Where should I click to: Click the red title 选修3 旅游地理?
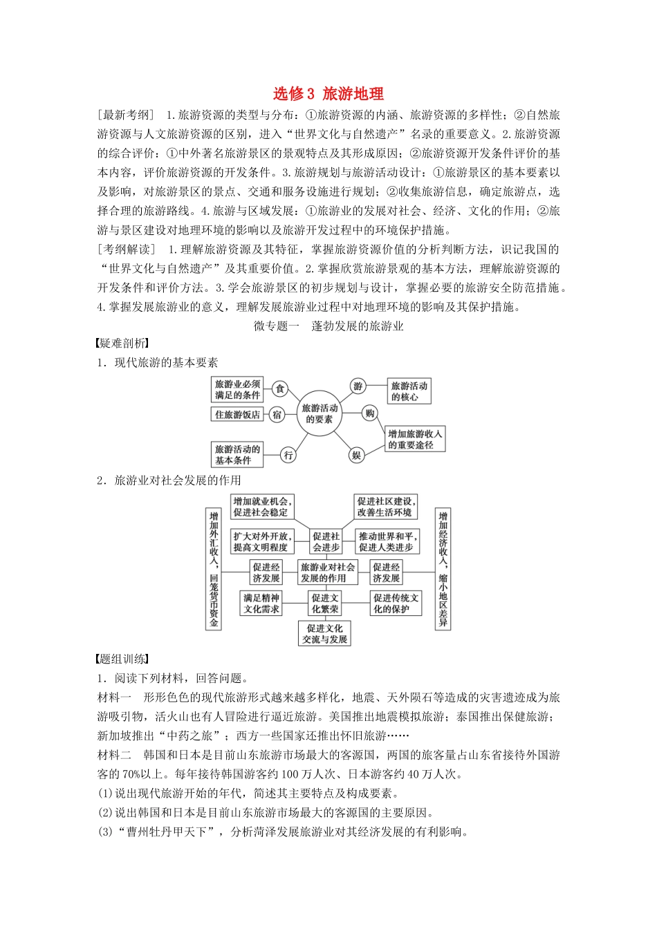[328, 93]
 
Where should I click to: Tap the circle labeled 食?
[279, 389]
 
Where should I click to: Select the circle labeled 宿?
[277, 415]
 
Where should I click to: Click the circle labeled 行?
[288, 454]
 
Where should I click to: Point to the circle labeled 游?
[358, 386]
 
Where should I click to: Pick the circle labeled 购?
[370, 413]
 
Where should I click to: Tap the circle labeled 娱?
[356, 455]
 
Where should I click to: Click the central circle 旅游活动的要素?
[319, 413]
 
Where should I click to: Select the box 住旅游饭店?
[237, 415]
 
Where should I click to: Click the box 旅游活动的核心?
[409, 391]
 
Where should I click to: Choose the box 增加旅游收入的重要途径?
[414, 439]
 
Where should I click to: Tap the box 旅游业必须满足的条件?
[237, 389]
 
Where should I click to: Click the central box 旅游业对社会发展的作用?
[328, 572]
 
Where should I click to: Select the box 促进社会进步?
[326, 541]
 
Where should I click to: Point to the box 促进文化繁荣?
[325, 603]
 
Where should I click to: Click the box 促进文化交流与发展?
[325, 634]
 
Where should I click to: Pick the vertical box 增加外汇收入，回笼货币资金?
[214, 569]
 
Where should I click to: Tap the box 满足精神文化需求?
[261, 603]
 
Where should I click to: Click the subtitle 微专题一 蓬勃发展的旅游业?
[328, 326]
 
